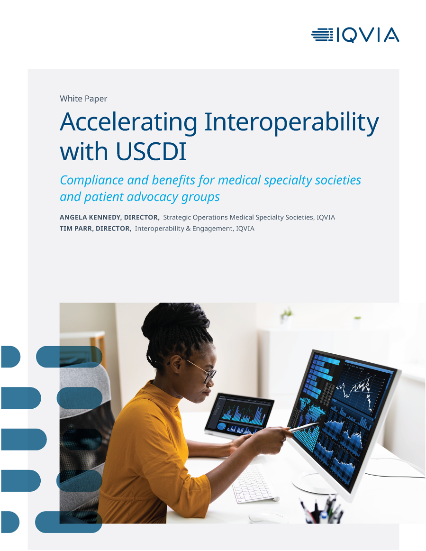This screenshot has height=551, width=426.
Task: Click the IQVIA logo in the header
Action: pos(355,35)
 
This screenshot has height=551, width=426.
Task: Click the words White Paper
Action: pos(83,99)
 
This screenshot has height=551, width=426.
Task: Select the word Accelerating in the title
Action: pos(128,122)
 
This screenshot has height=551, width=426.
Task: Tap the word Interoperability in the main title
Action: pos(291,122)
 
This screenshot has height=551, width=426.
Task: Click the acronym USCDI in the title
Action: pos(151,152)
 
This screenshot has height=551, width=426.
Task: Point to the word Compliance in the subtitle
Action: pos(91,180)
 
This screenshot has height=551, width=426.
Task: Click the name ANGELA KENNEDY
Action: pos(90,218)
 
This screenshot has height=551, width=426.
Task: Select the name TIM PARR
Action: pos(76,229)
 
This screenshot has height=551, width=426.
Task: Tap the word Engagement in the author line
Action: pos(212,229)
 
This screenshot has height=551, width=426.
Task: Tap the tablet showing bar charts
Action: pos(239,416)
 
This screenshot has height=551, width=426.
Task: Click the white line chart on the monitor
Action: pos(356,388)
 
